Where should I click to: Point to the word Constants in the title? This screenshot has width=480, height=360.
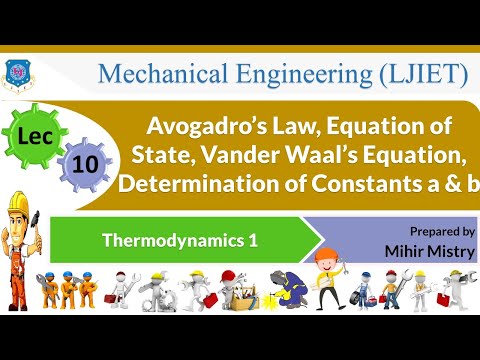click(x=369, y=186)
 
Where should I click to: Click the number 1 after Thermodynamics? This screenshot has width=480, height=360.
click(x=232, y=239)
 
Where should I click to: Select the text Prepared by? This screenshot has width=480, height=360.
click(x=442, y=230)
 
